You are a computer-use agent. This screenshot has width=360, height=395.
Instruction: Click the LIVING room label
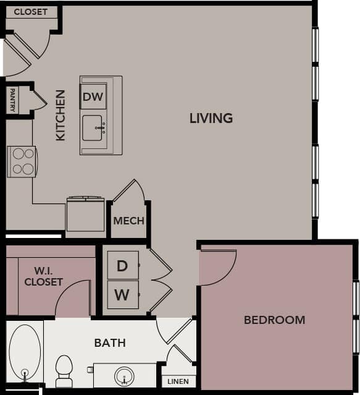pos(211,117)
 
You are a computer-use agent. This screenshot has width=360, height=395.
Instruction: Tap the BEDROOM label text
pos(274,320)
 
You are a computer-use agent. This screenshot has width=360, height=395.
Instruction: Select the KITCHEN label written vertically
pos(61,115)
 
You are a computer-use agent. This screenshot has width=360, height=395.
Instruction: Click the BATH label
pos(110,342)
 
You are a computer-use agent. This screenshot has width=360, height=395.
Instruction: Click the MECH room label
pos(129,221)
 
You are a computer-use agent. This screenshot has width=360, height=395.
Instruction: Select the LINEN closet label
pos(178,381)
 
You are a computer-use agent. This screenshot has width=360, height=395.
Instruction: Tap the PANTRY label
pos(12,100)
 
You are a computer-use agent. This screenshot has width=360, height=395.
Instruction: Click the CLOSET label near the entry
pos(30,12)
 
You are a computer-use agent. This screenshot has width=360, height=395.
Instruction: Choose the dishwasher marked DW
pos(94,97)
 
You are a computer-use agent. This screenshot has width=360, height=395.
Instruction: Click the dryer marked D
pos(122,266)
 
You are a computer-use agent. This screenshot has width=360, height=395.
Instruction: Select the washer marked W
pos(122,295)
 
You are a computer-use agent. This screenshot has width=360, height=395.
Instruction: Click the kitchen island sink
pos(94,128)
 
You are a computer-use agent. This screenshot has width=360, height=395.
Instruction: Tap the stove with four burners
pos(22,161)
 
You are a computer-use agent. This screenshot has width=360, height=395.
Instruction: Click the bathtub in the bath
pos(25,352)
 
